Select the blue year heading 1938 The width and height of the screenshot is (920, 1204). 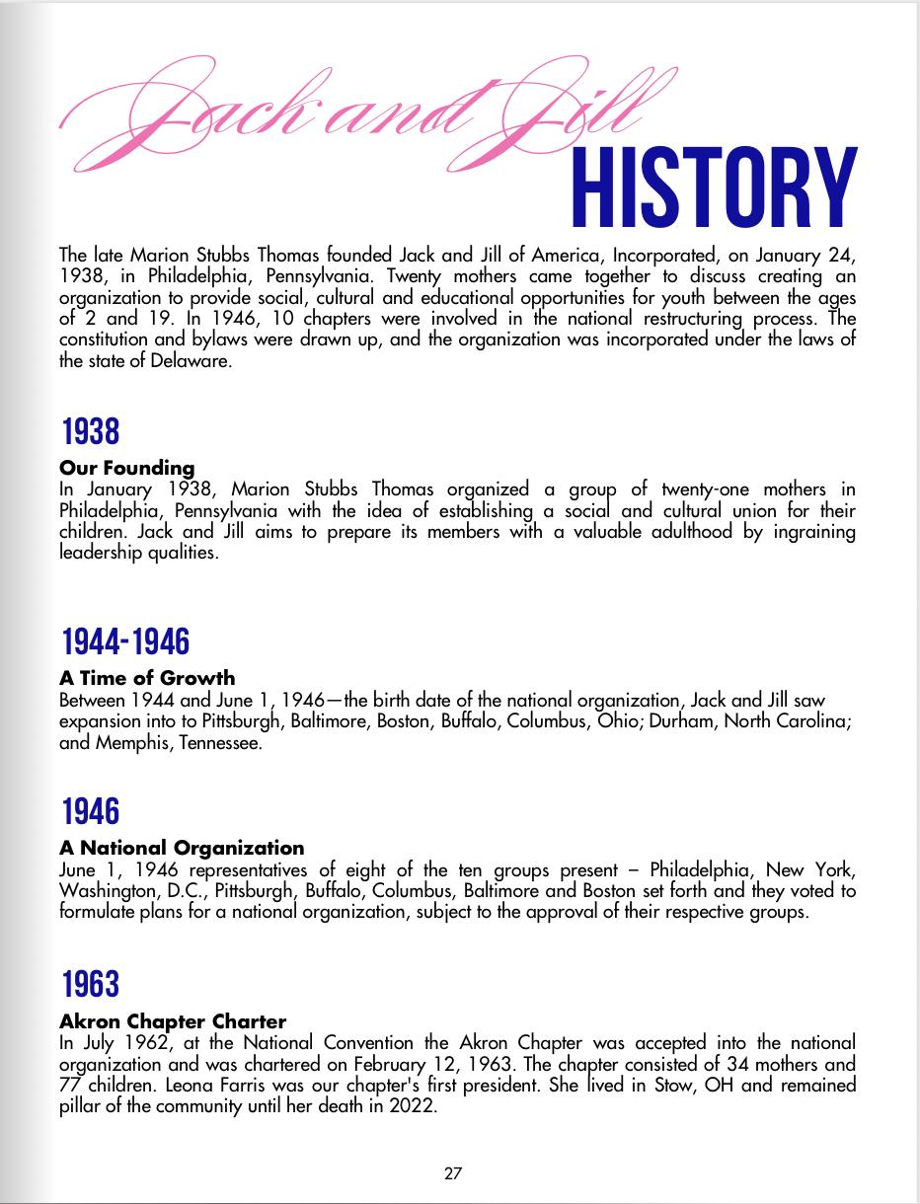click(90, 432)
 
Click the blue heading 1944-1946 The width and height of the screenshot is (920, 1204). click(124, 642)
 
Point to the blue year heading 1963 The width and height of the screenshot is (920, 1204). click(90, 984)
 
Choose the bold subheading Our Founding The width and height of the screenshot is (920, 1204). click(127, 468)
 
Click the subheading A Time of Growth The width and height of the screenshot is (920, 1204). click(147, 678)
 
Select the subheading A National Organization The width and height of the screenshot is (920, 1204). click(182, 848)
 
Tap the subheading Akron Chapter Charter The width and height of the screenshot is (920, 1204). click(173, 1020)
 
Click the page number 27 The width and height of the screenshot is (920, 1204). click(453, 1173)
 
